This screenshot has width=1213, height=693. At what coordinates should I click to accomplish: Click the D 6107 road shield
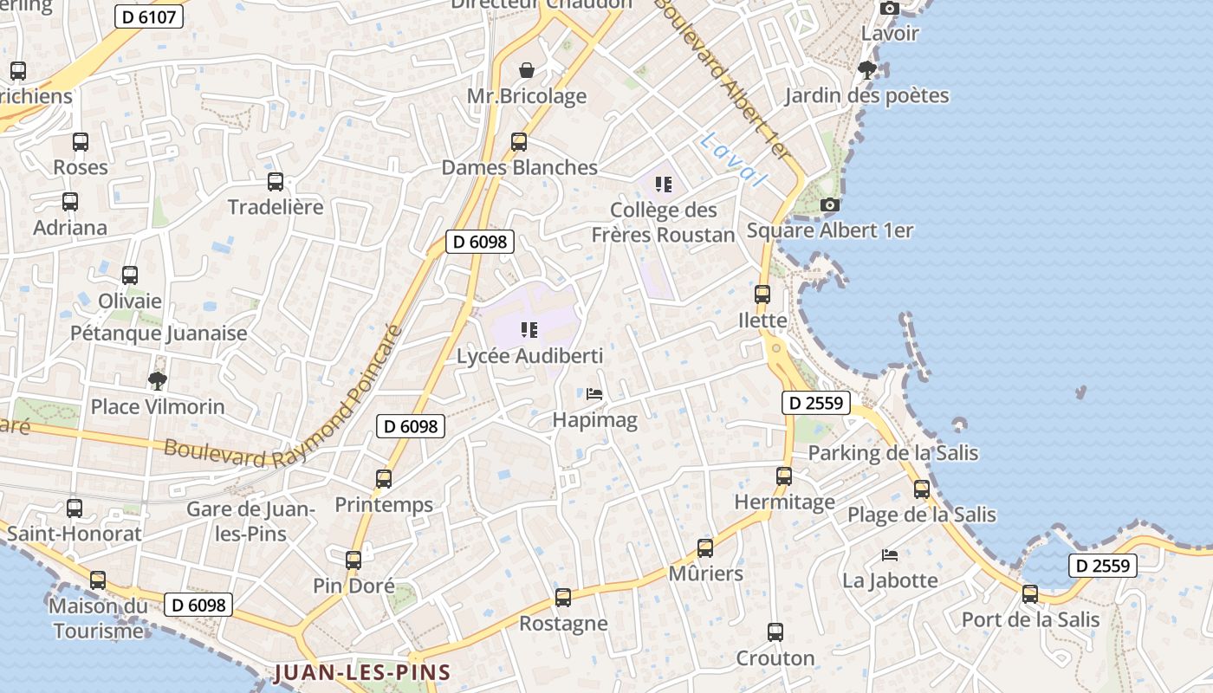coord(149,16)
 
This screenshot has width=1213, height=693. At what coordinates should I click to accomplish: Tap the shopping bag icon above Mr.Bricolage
coord(527,70)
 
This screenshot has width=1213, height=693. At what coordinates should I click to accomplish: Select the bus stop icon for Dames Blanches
coord(519,141)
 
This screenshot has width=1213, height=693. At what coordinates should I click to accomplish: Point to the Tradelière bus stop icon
coord(276,182)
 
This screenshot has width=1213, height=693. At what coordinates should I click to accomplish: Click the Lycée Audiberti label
coord(529,356)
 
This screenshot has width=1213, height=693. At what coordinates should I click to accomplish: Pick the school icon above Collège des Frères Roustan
coord(664,184)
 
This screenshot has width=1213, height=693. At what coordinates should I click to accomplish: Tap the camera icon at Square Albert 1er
coord(830,205)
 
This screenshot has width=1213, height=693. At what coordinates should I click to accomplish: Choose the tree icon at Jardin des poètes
coord(866,70)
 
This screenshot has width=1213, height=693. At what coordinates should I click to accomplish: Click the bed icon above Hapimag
coord(594,394)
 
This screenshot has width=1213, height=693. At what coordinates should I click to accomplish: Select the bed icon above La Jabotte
coord(890,554)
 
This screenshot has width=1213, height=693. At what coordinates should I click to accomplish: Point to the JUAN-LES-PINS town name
coord(363,672)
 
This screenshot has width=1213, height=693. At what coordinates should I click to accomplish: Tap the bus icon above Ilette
coord(762,295)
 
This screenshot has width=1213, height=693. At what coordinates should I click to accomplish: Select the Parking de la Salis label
coord(892,453)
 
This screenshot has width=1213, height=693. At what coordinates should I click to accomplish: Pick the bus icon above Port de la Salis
coord(1030,594)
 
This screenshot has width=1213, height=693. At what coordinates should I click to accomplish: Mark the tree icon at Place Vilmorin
coord(158,380)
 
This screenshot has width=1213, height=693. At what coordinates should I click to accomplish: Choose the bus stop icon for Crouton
coord(775,632)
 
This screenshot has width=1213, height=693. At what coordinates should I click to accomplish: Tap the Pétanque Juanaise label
coord(159,334)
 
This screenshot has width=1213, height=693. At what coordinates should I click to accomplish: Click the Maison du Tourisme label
coord(98,619)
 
